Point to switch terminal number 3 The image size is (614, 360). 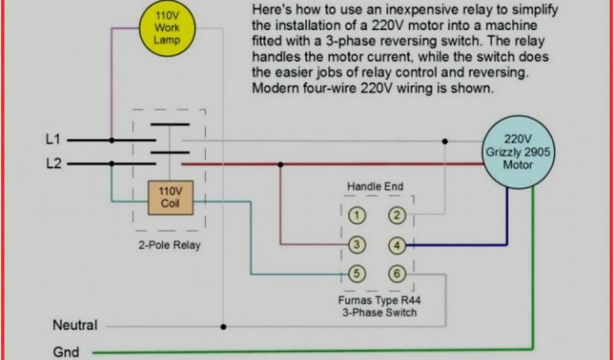pos(357,245)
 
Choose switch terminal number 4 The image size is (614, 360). pos(396,245)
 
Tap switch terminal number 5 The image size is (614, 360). pos(357,274)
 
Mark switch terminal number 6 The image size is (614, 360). pos(396,274)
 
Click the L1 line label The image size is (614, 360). pos(53,139)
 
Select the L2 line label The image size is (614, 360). pos(53,163)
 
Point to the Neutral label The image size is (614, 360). pos(75,326)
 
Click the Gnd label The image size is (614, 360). pos(66,351)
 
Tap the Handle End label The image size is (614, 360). pos(375,187)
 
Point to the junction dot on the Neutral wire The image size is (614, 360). pos(224,327)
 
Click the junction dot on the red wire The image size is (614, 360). pos(280,164)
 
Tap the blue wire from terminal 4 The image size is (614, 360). pos(462,245)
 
